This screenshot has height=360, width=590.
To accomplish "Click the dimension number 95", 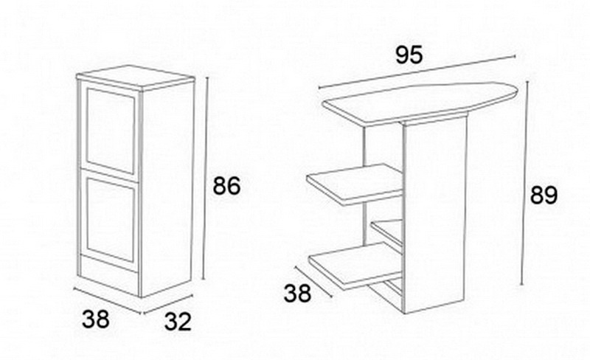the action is (409, 55).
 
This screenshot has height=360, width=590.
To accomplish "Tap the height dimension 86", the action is (226, 186).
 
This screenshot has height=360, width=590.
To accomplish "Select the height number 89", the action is (544, 195).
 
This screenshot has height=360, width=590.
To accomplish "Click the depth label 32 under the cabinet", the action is (178, 322).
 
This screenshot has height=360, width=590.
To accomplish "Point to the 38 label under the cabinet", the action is (96, 319).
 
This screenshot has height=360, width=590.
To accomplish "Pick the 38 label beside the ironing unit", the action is (297, 293).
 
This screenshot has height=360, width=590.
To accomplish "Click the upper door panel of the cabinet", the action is (110, 131).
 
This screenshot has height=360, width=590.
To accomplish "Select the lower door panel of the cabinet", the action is (110, 220).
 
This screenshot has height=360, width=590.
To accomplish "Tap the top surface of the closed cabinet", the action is (135, 77).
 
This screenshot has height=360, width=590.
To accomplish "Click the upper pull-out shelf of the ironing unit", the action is (355, 184).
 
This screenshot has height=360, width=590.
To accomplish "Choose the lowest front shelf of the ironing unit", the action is (355, 265).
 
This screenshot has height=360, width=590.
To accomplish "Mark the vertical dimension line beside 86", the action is (206, 179).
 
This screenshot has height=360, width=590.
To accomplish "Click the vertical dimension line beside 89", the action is (525, 184).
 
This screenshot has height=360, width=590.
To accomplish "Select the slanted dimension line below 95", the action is (417, 72).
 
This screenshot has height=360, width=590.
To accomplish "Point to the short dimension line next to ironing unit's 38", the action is (313, 281).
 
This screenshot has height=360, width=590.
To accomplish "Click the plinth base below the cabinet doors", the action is (109, 276).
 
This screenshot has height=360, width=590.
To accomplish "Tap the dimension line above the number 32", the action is (167, 304).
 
